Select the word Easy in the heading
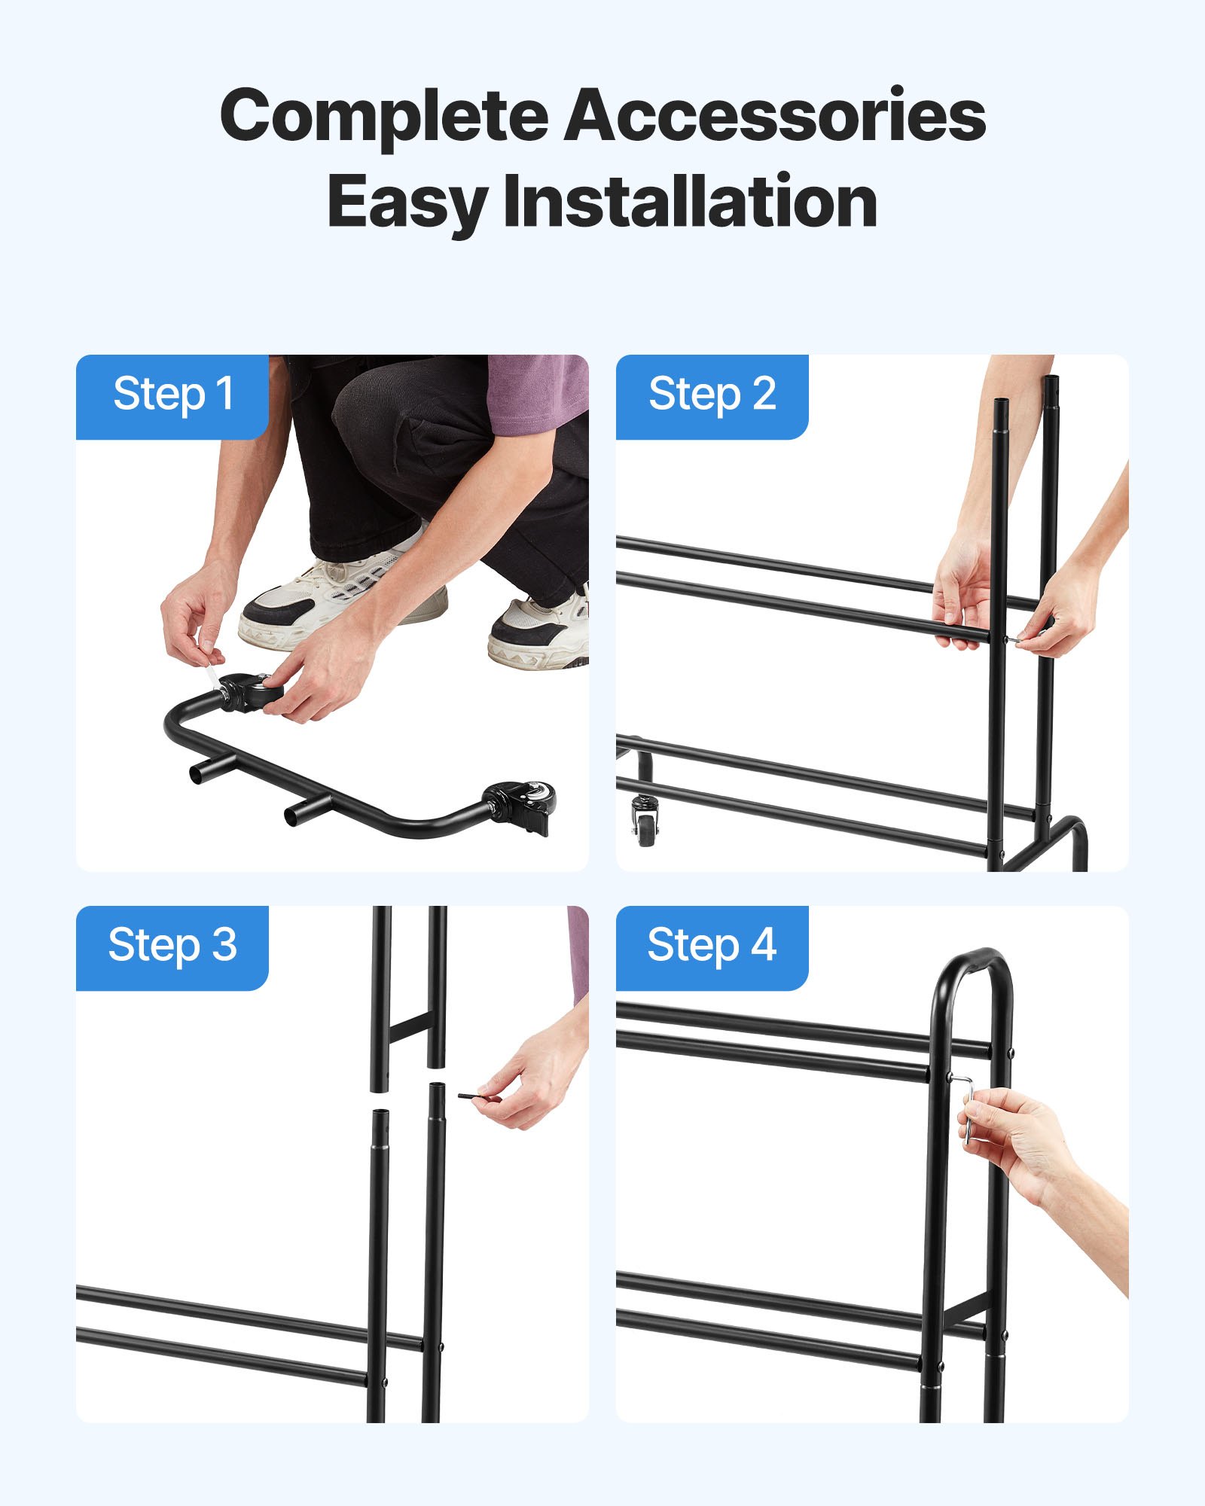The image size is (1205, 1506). (x=407, y=202)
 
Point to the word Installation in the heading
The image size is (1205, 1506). (x=690, y=202)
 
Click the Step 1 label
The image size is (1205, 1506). (x=172, y=395)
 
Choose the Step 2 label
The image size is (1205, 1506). (x=712, y=395)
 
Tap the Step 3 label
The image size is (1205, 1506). (x=172, y=946)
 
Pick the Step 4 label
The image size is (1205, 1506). (x=712, y=946)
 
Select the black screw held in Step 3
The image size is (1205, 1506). (x=479, y=1098)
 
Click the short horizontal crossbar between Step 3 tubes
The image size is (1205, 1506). (x=409, y=1028)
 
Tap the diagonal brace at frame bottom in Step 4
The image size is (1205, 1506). (x=964, y=1310)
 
